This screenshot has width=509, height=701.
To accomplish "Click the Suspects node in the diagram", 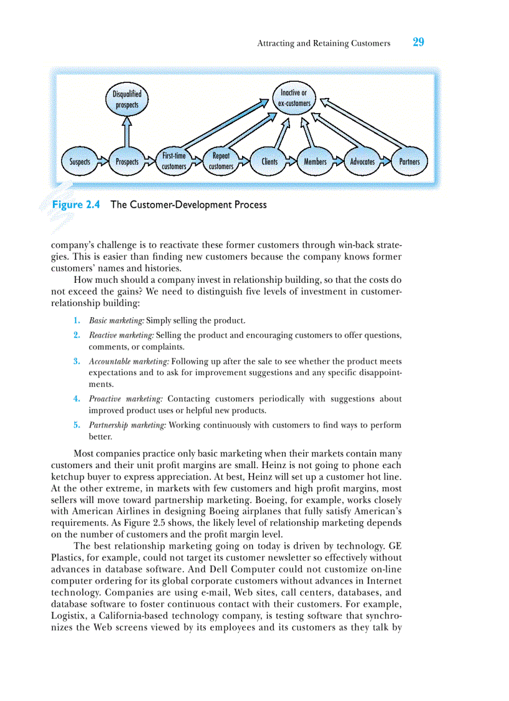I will coord(79,162).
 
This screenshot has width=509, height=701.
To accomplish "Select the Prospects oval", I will coord(127,162).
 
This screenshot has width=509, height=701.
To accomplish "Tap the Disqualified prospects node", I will coord(127,99).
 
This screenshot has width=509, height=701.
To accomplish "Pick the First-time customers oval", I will coord(174,161).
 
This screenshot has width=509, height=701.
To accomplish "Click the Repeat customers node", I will coord(221,161).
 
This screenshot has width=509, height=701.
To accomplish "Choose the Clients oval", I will coord(269,162).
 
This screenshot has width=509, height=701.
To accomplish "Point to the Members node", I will coord(315,162).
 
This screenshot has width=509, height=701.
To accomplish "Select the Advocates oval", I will coord(362,162).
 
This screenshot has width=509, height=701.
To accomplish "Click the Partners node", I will coord(409,162).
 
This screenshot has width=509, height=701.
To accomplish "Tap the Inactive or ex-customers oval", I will coord(294,98).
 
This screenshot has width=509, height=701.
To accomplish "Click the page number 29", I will coord(418,42).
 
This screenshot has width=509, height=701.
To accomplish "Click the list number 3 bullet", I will coord(76,361).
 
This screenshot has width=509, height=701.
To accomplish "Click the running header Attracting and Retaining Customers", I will coord(324,44).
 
